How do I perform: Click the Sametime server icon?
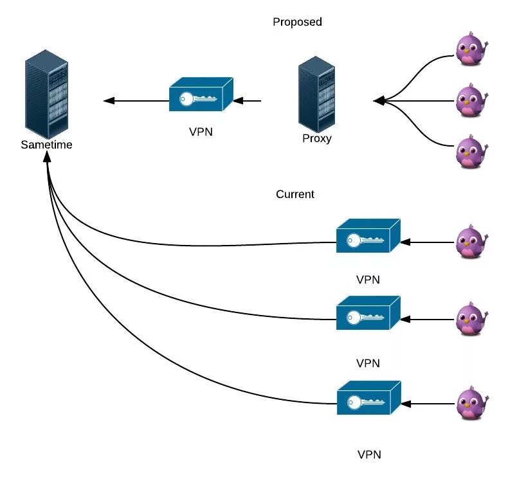[x=46, y=93]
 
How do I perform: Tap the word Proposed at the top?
[x=297, y=22]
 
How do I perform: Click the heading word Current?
[x=295, y=194]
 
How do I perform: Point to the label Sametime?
[x=46, y=145]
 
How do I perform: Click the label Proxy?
[x=316, y=138]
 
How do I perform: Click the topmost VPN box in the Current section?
[x=368, y=239]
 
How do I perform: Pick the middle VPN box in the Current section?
[x=368, y=314]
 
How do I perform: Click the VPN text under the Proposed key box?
[x=201, y=132]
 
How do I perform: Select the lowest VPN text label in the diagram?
[x=369, y=455]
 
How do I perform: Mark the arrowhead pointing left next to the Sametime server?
[x=109, y=100]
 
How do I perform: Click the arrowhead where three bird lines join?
[x=379, y=101]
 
